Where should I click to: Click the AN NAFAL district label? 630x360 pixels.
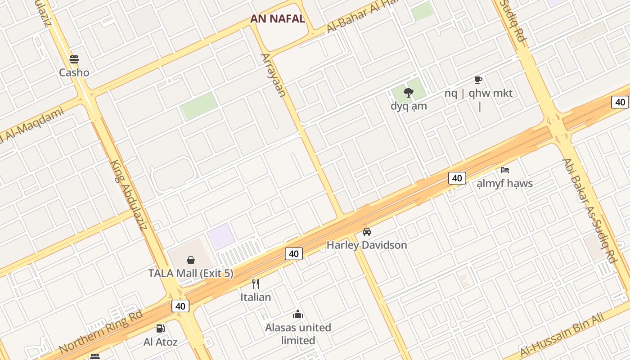click(x=278, y=19)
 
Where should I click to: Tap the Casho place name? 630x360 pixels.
click(x=74, y=72)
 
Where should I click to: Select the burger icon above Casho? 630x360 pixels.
click(x=74, y=59)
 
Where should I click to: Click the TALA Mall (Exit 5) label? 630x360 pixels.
click(x=191, y=273)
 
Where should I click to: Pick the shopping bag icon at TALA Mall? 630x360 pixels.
click(x=191, y=260)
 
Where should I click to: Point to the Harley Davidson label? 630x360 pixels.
click(x=367, y=245)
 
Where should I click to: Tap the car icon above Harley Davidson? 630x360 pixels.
click(x=367, y=232)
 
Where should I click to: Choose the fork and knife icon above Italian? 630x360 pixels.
click(x=256, y=283)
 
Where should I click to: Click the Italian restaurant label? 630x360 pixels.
click(x=256, y=297)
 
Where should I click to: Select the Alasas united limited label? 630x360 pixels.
click(x=298, y=334)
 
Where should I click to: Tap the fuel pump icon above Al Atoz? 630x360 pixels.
click(x=160, y=328)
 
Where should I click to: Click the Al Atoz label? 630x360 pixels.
click(x=160, y=342)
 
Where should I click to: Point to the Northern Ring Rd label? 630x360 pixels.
click(x=101, y=331)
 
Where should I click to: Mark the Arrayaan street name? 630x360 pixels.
click(x=274, y=75)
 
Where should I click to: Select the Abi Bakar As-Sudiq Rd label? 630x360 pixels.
click(x=589, y=211)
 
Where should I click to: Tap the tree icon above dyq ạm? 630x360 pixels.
click(x=409, y=93)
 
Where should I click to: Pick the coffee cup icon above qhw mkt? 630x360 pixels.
click(x=478, y=80)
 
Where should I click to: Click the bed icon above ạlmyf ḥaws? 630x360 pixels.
click(x=505, y=170)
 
